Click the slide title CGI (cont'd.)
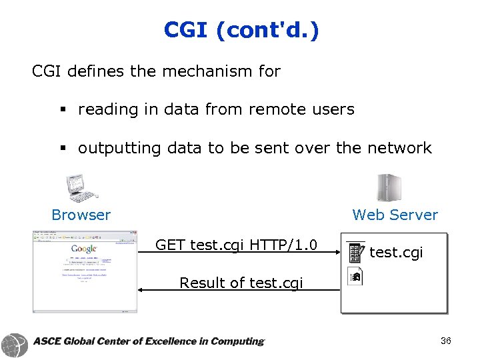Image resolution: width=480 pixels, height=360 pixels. point(241,30)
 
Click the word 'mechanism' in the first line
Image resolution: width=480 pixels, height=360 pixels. point(197,71)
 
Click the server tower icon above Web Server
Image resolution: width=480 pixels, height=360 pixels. point(387,187)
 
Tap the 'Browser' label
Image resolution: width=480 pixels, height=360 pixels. point(81,215)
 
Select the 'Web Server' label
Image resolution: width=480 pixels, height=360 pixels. point(395,215)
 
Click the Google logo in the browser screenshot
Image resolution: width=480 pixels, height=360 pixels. point(85,249)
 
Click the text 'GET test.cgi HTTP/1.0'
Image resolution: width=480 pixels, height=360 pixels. point(236,245)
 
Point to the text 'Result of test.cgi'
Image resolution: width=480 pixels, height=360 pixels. point(241,283)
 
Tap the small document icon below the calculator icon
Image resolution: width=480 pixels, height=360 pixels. point(355,276)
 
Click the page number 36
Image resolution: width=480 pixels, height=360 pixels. point(445,341)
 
